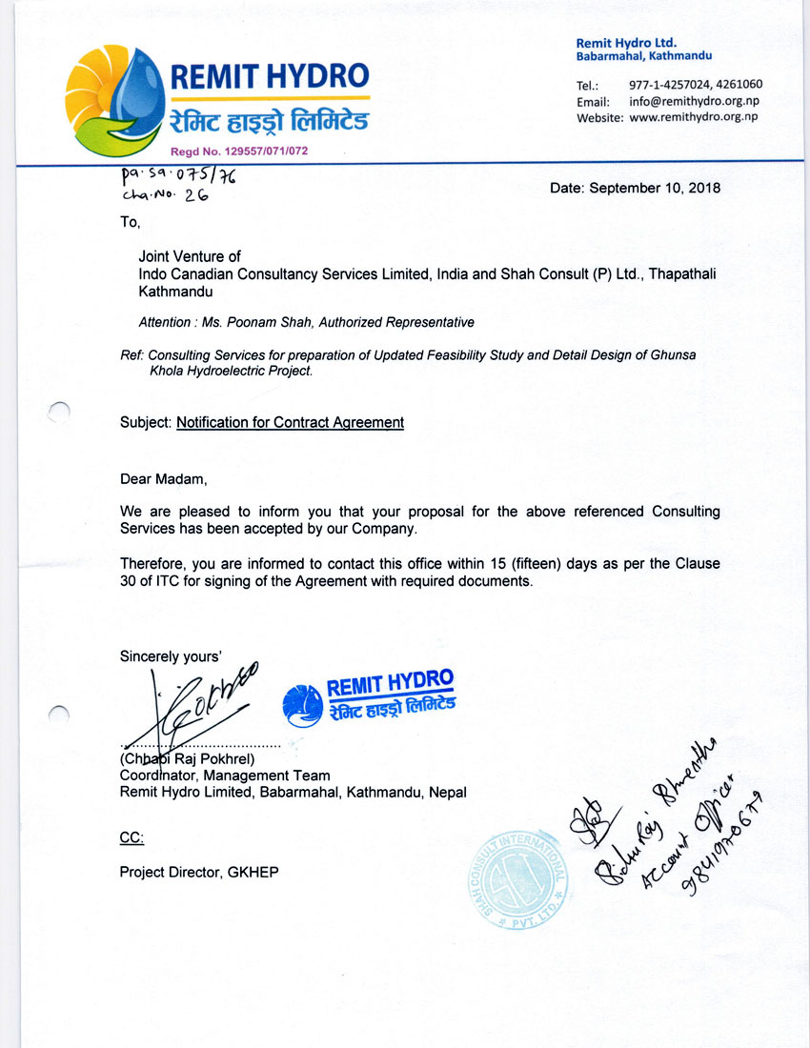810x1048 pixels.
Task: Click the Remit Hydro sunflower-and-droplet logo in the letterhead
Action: coord(114,100)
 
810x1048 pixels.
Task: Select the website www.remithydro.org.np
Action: coord(694,117)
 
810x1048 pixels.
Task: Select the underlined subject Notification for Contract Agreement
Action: coord(290,422)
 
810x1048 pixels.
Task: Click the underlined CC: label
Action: coord(132,837)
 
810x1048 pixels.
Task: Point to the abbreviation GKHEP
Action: coord(253,872)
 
